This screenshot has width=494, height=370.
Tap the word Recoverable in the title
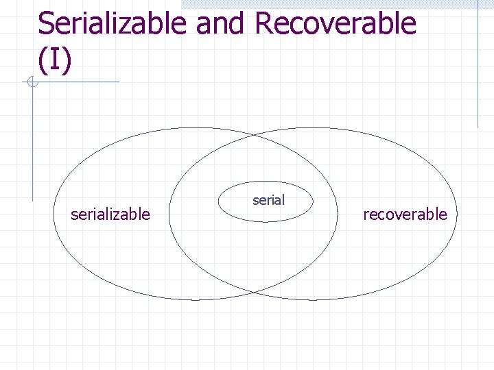coord(336,23)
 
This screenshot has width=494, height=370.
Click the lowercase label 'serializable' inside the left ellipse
coord(110,214)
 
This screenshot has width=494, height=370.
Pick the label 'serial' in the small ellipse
coord(268,200)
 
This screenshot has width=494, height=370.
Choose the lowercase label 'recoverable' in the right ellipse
coord(405,214)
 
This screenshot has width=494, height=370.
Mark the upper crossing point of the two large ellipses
coord(253,136)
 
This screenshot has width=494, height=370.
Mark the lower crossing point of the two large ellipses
coord(253,293)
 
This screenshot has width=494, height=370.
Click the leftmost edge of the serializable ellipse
coord(54,214)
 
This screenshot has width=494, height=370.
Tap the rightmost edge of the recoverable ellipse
coord(455,214)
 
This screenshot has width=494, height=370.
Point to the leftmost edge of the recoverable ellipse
coord(169,214)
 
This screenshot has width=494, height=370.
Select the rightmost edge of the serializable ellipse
coord(338,214)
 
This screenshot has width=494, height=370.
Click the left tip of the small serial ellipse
coord(217,202)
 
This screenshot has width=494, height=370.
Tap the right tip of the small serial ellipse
coord(314,202)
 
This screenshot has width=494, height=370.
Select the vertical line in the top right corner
coord(478,65)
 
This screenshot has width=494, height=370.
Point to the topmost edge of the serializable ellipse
coord(196,128)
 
